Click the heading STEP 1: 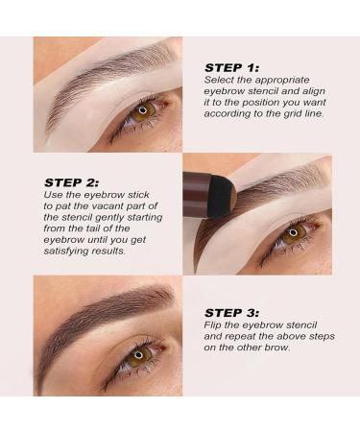(x=231, y=67)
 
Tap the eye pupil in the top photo (x=144, y=108)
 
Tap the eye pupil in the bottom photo (x=138, y=354)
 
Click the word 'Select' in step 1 (x=218, y=81)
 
